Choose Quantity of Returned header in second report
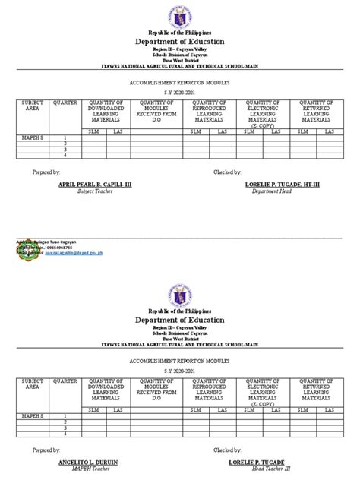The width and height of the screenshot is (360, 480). (x=313, y=384)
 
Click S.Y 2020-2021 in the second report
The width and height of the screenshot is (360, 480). (x=179, y=367)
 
